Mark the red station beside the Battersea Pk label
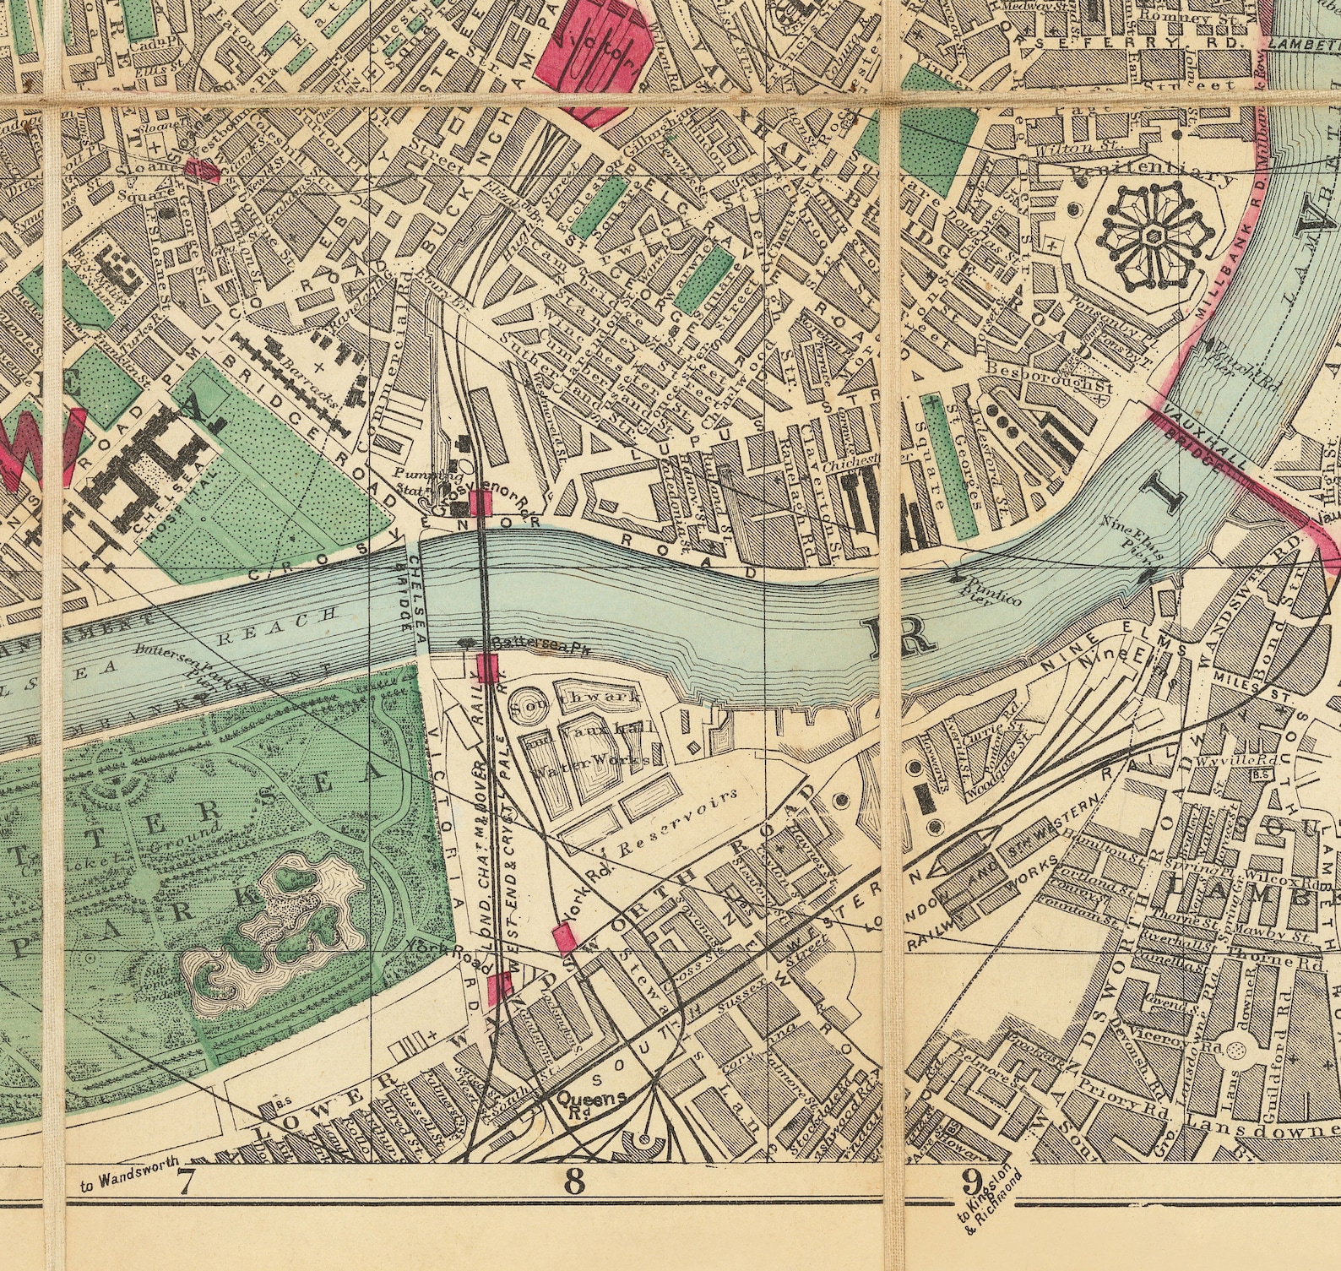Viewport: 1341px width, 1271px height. (x=486, y=668)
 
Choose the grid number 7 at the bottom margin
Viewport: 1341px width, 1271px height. (x=187, y=1182)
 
